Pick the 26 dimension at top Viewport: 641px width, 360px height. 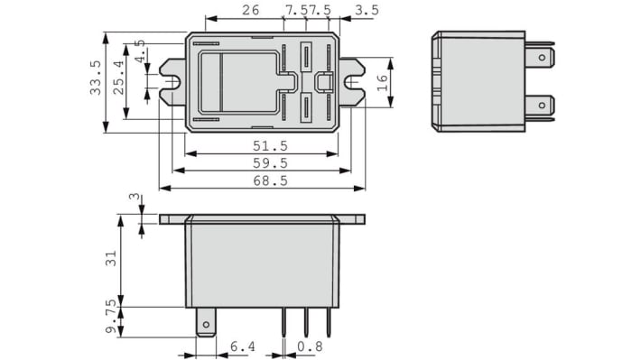(250, 11)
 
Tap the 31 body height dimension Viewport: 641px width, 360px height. (111, 259)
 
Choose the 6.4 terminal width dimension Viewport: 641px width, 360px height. (241, 346)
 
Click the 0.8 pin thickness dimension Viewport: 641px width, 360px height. (311, 346)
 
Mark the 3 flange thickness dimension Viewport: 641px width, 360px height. (135, 197)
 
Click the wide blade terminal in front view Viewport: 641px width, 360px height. (206, 321)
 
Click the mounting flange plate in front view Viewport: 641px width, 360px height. (262, 218)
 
